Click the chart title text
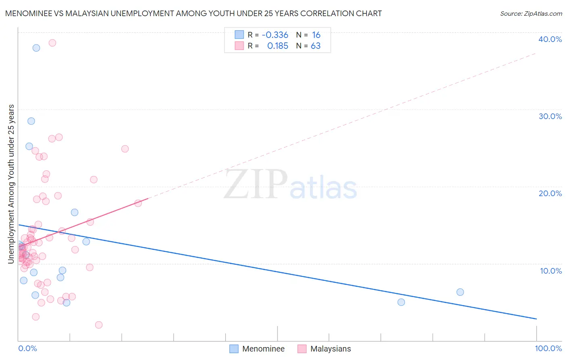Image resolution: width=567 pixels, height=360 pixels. (193, 13)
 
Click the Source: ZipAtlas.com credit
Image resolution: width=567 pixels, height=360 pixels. (531, 14)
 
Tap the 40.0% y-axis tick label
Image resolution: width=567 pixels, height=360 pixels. (550, 39)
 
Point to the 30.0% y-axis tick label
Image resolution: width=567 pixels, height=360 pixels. (550, 116)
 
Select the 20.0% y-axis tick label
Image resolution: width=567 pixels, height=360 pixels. (550, 193)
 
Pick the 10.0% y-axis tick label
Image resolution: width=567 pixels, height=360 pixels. (551, 271)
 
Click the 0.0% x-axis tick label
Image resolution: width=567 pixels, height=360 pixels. (27, 348)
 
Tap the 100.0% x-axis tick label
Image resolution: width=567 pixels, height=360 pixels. (548, 348)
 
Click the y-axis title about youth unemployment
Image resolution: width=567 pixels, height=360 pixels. (11, 184)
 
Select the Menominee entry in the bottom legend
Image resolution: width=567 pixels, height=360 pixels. (263, 349)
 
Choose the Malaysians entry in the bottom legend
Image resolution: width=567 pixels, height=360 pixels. (330, 349)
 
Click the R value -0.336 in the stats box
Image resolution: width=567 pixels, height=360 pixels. (275, 35)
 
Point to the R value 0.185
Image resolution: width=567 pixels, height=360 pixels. (277, 46)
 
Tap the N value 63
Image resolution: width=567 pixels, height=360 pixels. (315, 46)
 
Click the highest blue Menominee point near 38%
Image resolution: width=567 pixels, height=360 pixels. (36, 48)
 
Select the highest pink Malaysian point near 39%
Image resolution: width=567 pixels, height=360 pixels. (52, 43)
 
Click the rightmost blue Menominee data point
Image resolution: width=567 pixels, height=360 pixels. (460, 292)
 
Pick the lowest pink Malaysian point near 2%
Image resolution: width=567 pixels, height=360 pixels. (99, 325)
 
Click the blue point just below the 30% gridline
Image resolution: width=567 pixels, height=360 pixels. (31, 121)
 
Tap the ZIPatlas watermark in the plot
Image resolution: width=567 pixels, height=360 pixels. (290, 185)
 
